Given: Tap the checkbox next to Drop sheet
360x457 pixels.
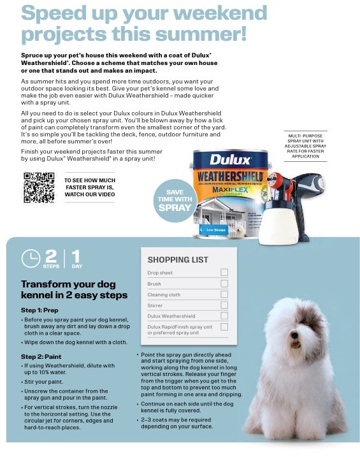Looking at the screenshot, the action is tap(224, 273).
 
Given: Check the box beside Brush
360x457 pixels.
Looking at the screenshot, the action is tap(224, 284).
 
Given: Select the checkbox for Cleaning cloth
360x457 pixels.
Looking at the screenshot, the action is tap(224, 294).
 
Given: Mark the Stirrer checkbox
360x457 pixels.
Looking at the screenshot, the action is tap(224, 305).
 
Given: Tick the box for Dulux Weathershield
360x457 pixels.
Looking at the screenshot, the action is tap(224, 316).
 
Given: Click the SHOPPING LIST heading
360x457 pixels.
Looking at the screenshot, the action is tap(178, 259).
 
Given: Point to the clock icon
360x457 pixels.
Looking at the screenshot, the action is tap(31, 258).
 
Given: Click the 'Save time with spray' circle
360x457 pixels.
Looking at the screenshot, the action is tap(175, 199).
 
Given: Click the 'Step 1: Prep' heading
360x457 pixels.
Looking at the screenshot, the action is tap(40, 310).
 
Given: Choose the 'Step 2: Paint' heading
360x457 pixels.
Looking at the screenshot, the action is tap(42, 356).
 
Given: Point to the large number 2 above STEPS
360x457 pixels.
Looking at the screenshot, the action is tap(52, 256).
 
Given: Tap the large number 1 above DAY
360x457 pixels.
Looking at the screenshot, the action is tap(76, 256).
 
